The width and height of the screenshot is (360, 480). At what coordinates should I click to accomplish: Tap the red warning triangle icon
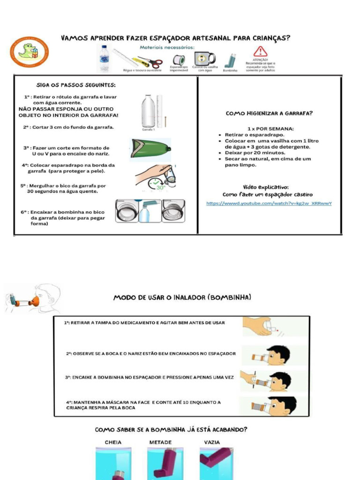(x=260, y=52)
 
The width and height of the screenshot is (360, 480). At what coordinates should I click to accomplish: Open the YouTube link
(x=269, y=203)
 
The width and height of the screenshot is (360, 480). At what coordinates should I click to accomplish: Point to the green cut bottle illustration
(x=150, y=149)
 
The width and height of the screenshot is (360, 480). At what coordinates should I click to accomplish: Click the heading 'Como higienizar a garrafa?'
(x=269, y=113)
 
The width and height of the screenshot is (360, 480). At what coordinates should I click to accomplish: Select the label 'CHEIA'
(x=113, y=442)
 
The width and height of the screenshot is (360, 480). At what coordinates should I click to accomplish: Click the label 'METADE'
(x=160, y=442)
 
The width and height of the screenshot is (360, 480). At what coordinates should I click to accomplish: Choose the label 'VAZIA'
(x=212, y=442)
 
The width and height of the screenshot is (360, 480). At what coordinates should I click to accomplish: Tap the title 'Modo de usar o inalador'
(x=182, y=298)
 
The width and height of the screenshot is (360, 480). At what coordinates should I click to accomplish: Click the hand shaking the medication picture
(x=262, y=326)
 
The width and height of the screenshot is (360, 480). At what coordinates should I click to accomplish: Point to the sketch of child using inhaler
(x=34, y=299)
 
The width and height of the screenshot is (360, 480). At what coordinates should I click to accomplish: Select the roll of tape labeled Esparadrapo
(x=179, y=60)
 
